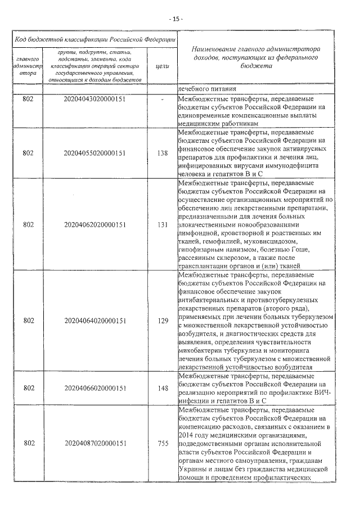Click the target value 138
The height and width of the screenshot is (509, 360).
pyautogui.click(x=163, y=153)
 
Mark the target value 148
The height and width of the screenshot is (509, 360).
pyautogui.click(x=163, y=388)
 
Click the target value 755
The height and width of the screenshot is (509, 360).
pyautogui.click(x=163, y=444)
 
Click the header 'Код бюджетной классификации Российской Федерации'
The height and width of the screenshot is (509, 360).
pyautogui.click(x=94, y=39)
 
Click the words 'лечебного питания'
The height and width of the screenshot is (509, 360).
pyautogui.click(x=205, y=88)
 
